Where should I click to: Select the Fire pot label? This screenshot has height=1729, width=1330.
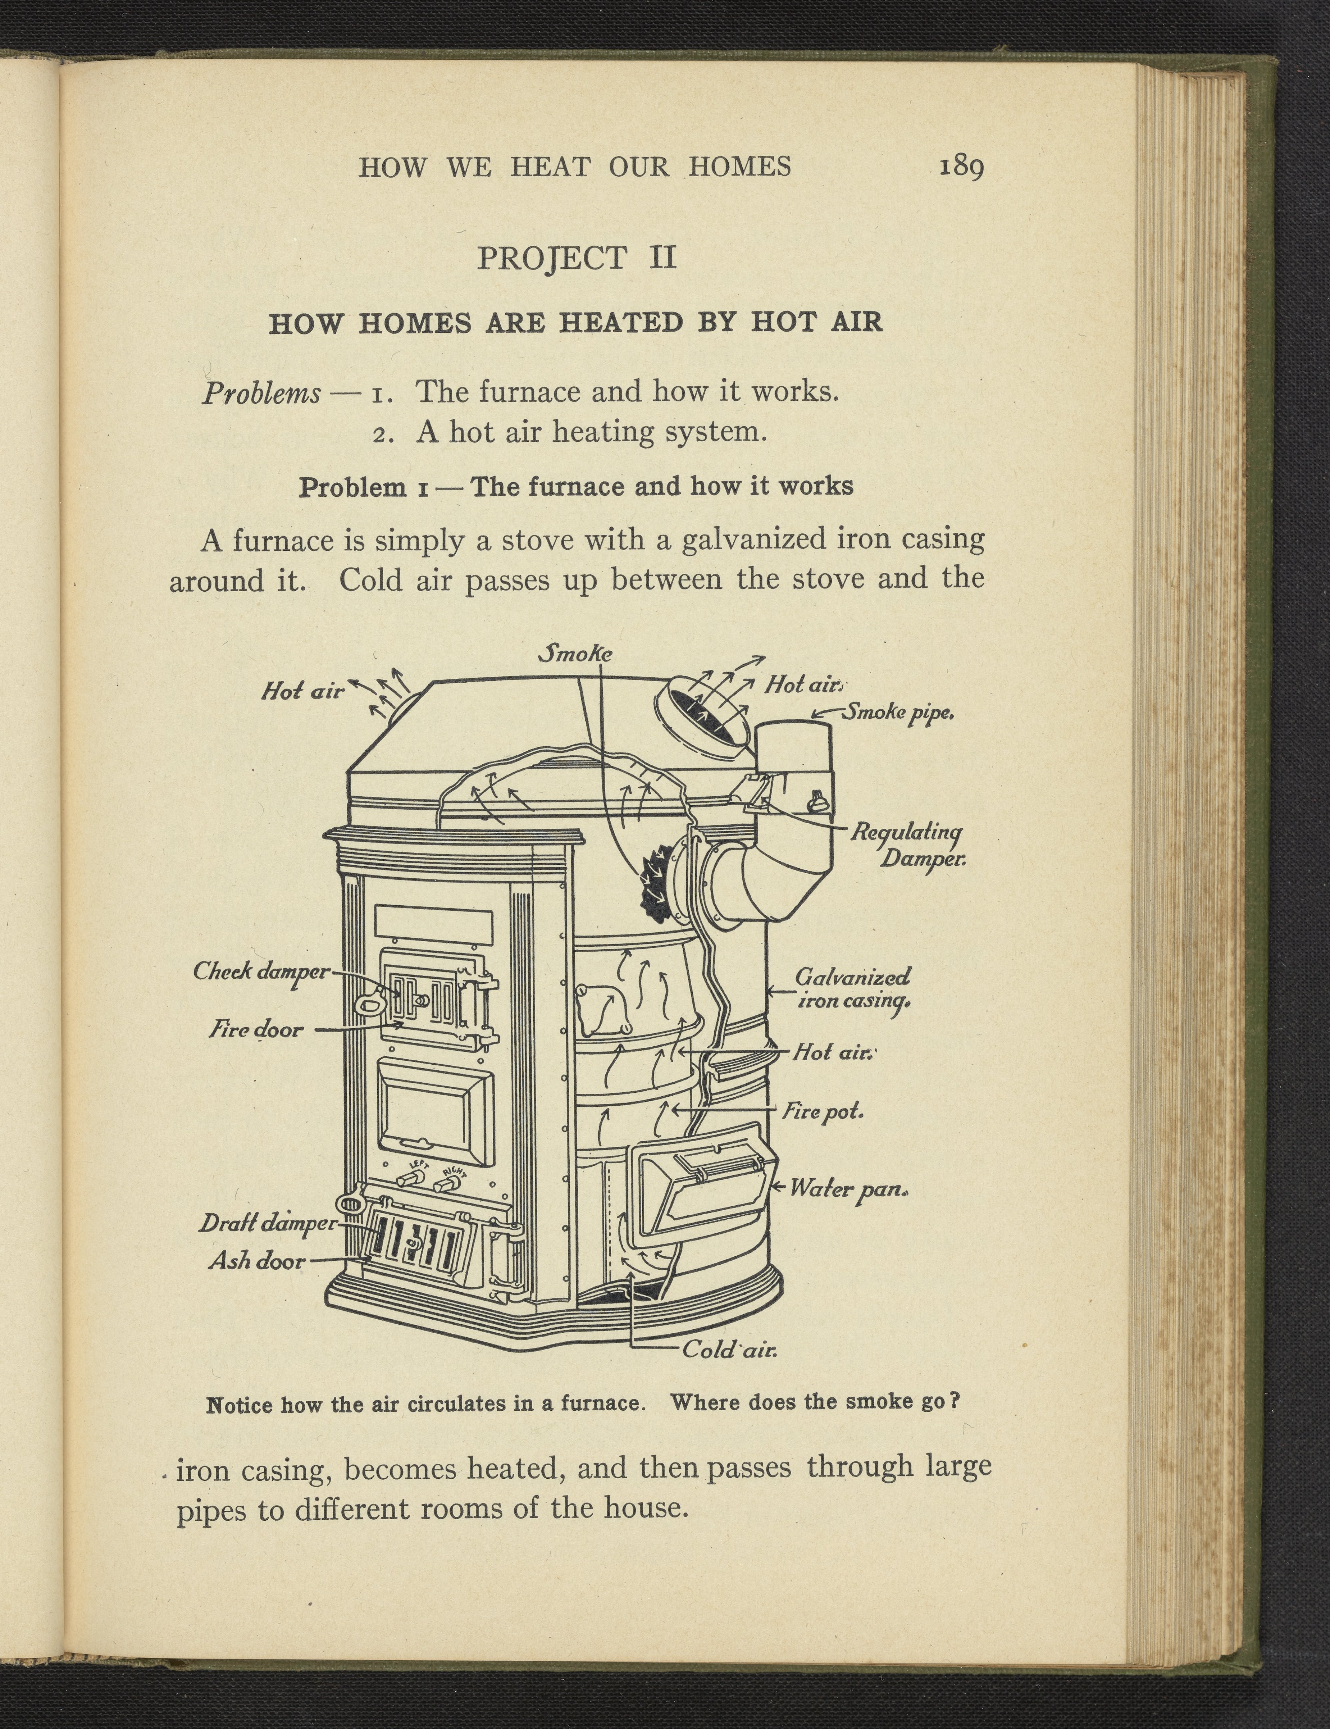(823, 1111)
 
